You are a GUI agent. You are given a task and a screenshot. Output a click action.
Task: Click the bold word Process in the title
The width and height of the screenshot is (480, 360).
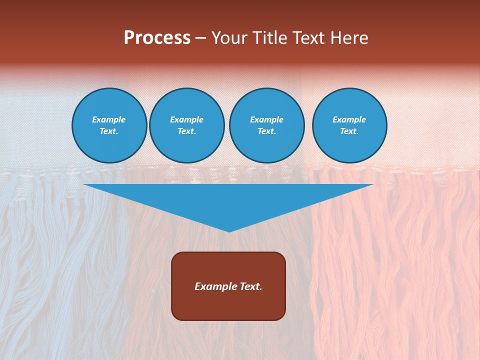(x=157, y=38)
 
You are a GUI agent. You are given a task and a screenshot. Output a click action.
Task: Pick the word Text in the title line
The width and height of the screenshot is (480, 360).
(x=310, y=38)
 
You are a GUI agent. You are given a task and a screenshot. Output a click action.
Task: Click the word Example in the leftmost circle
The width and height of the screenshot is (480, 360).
(x=109, y=119)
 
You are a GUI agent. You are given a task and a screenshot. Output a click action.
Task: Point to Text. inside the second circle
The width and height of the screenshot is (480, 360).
(x=187, y=131)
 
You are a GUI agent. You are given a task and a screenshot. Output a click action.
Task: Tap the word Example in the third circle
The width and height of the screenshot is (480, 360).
(x=267, y=119)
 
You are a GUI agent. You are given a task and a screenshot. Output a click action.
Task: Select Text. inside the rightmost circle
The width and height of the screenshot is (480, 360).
(x=349, y=131)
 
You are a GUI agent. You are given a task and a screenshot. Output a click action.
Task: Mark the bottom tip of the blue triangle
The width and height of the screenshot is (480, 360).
(x=229, y=231)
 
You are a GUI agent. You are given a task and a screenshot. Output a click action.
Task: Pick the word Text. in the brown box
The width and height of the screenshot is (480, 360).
(x=249, y=286)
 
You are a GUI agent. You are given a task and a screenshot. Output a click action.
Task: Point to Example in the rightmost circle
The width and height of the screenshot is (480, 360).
(x=349, y=119)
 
